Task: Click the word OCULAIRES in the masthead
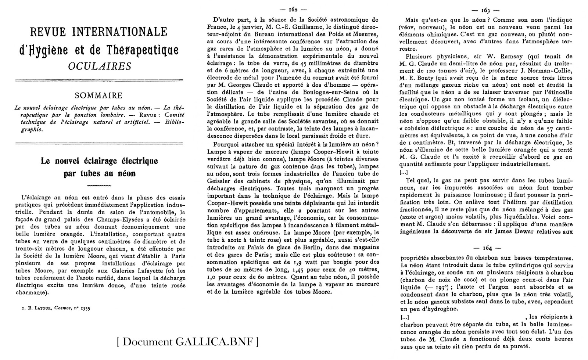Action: coord(100,66)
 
